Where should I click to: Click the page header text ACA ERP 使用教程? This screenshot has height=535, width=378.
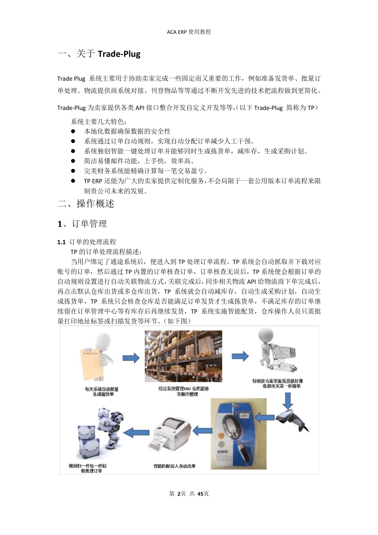(189, 32)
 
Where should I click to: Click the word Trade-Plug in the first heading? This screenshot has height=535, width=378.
(119, 54)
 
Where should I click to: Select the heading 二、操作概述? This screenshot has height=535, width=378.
(86, 204)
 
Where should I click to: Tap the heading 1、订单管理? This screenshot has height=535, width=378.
(82, 224)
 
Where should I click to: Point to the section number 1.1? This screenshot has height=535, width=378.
(61, 242)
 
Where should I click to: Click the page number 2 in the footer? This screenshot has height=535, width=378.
(179, 494)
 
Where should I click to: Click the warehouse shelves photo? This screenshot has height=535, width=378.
(183, 356)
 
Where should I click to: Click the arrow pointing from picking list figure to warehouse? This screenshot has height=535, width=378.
(131, 358)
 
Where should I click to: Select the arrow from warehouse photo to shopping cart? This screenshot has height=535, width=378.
(240, 356)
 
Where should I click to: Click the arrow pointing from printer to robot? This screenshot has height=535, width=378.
(136, 432)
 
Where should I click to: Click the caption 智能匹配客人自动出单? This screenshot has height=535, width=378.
(175, 466)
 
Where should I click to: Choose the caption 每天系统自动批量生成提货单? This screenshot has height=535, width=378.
(101, 391)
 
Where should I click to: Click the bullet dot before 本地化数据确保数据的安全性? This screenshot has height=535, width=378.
(73, 131)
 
